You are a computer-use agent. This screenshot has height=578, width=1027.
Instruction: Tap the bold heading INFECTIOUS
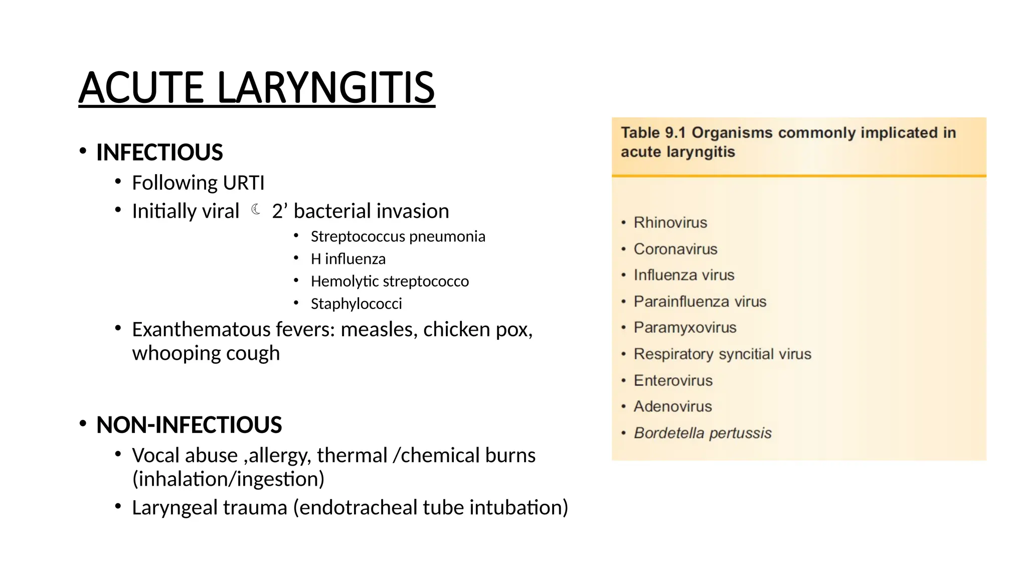[159, 153]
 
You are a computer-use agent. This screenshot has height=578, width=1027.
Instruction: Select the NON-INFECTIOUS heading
[189, 425]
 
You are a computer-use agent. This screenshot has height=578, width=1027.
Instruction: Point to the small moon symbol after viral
[256, 209]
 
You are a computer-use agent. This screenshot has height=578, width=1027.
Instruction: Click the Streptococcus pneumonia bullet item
[398, 236]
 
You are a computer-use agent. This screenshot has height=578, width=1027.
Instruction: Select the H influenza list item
[348, 259]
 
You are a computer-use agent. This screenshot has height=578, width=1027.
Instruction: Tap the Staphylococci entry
[356, 304]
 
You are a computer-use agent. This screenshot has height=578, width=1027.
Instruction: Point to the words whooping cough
[206, 354]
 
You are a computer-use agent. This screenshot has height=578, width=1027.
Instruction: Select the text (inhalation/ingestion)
[228, 479]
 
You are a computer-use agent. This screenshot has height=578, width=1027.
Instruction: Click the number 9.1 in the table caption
[675, 133]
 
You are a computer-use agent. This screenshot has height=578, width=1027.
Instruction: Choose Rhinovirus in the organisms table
[670, 222]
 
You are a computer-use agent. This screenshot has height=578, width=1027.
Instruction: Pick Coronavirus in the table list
[675, 249]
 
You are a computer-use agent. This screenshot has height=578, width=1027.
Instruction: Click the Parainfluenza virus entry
[700, 302]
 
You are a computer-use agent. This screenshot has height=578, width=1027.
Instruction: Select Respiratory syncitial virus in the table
[722, 354]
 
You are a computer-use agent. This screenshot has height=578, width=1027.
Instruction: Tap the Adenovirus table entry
[672, 406]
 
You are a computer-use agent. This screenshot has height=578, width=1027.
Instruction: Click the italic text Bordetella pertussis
[703, 433]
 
